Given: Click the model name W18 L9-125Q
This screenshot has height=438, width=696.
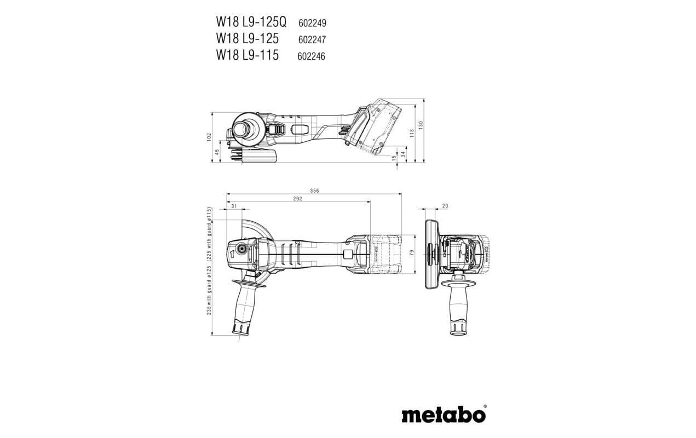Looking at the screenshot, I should (251, 22).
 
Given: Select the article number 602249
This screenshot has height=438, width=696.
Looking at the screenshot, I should (312, 24).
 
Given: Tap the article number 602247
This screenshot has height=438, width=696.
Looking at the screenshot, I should (312, 39).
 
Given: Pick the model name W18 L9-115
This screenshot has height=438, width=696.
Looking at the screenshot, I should (247, 55).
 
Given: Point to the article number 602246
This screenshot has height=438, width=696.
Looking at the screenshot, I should (311, 56).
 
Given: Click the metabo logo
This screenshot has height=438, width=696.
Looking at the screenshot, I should (444, 414).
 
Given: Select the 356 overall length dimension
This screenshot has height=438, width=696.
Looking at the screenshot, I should (314, 191).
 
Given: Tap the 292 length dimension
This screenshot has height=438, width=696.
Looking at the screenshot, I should (297, 199).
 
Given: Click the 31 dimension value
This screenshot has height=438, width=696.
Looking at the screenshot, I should (234, 206).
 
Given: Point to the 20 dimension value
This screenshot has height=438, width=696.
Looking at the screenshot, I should (445, 206).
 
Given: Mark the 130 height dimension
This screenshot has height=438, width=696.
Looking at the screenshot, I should (421, 124).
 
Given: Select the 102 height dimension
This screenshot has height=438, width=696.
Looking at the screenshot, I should (210, 137).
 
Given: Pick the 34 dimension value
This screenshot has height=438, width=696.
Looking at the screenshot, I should (403, 153).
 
